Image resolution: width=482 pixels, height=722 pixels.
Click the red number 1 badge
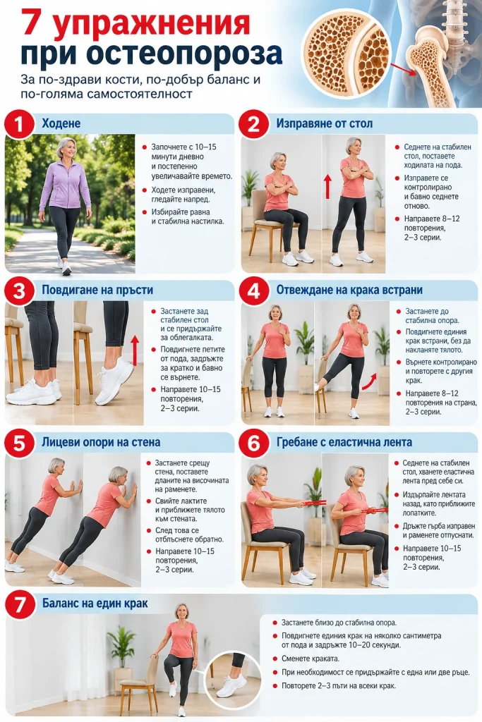tap(19, 123)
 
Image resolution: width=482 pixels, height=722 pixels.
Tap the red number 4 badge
tap(253, 290)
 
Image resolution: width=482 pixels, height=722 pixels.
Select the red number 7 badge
tap(19, 604)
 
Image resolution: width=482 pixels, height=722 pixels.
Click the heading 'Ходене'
tap(61, 123)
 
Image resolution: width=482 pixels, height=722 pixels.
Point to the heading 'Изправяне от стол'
tap(325, 123)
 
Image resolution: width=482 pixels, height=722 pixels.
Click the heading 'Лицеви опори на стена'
tap(101, 442)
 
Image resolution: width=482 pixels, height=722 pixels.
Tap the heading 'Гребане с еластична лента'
tap(344, 442)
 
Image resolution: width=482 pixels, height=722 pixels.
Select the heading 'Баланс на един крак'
tap(95, 604)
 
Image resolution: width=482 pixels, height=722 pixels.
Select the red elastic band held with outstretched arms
tap(314, 503)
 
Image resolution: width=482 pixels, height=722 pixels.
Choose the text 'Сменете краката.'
tap(310, 659)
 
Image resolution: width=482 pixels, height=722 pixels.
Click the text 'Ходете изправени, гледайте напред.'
tap(183, 195)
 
